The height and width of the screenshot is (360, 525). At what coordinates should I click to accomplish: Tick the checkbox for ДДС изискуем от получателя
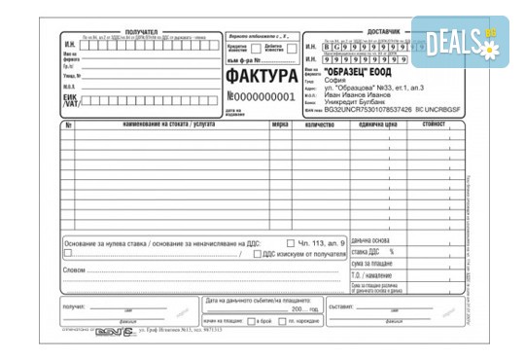coord(257,254)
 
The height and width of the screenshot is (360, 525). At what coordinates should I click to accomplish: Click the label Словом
coord(75,270)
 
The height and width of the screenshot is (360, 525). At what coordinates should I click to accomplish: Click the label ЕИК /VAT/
coord(69,104)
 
